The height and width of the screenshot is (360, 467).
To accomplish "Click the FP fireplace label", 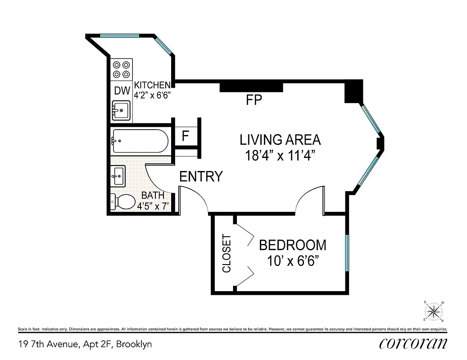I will point(254,99).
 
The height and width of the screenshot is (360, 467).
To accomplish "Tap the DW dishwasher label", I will point(122,90).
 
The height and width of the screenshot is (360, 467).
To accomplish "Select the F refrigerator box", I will point(185,136).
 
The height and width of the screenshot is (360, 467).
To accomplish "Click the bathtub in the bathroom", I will point(140,141).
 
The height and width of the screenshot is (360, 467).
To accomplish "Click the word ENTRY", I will point(201,177).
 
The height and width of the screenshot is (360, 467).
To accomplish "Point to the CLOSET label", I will point(227,253).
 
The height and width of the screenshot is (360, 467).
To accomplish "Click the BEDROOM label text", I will point(292,245).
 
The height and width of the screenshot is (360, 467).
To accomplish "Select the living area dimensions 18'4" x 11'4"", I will point(280,156).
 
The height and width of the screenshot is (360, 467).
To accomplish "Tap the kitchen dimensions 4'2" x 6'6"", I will point(152,95).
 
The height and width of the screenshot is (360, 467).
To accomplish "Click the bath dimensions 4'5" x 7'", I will point(152,207).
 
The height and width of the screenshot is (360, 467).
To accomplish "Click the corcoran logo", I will point(413,343).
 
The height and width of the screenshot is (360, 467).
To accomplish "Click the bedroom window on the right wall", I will point(347,252).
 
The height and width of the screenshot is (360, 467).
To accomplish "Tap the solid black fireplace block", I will point(251,87).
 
